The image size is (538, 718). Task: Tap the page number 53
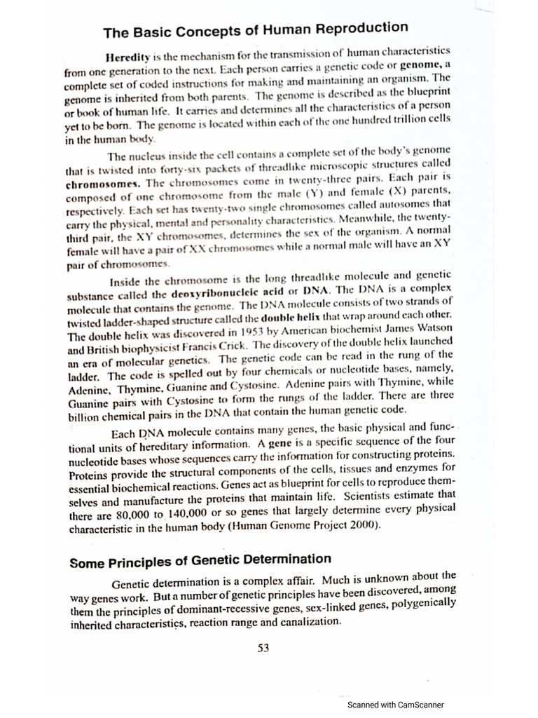pos(263,649)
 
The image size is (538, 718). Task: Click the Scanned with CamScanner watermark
pos(396,705)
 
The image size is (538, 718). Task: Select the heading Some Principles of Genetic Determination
pos(200,561)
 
